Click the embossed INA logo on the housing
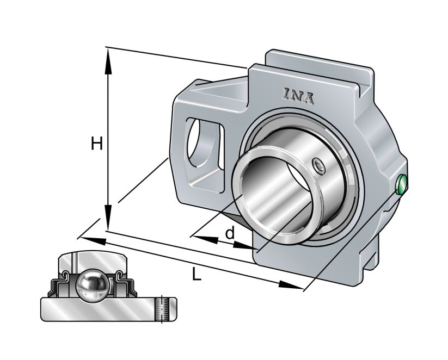pyautogui.click(x=298, y=96)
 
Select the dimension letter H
pyautogui.click(x=97, y=144)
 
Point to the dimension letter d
pyautogui.click(x=230, y=233)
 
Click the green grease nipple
pyautogui.click(x=401, y=185)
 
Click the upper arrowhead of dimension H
pyautogui.click(x=109, y=57)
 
